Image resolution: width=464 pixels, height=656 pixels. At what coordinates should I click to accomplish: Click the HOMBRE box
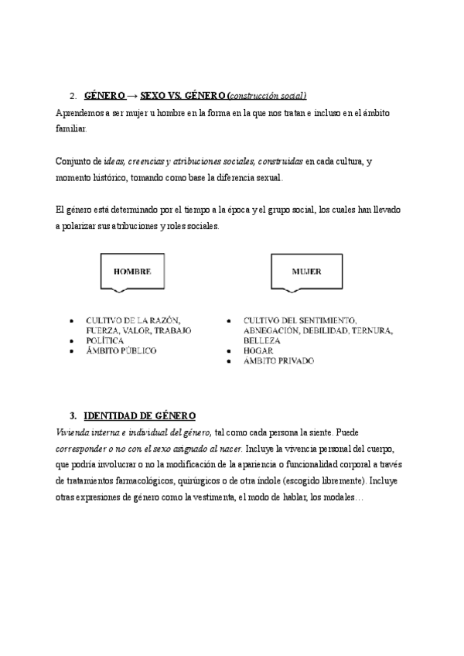coord(132,272)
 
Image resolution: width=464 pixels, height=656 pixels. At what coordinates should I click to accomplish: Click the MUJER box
coord(306,272)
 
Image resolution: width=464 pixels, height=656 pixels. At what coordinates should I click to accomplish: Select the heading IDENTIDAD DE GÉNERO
coord(139,415)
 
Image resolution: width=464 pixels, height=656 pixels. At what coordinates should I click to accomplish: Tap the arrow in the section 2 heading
coord(132,96)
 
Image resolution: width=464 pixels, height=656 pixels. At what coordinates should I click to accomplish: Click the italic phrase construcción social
coord(268,96)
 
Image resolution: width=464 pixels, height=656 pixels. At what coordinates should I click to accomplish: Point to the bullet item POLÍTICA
coord(104,340)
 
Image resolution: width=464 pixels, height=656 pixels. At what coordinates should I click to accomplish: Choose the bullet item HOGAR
coord(257,350)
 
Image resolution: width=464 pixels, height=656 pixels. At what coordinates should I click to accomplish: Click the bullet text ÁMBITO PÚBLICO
coord(121,350)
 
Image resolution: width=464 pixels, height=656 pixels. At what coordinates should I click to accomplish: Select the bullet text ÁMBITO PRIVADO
coord(278,361)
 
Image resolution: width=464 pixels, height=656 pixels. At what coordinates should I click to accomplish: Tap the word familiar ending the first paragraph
coord(72,128)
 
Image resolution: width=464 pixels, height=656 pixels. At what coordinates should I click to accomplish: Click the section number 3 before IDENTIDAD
coord(73,415)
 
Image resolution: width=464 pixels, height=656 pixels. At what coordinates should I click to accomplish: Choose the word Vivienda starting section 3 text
coord(73,431)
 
